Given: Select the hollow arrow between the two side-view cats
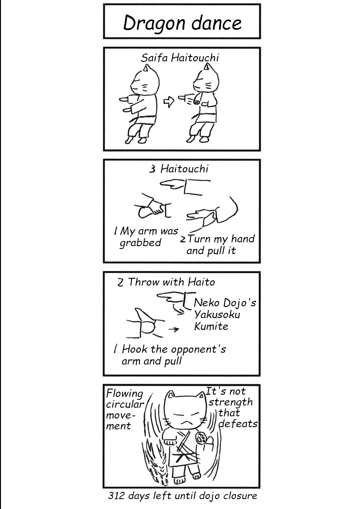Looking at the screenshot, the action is click(x=169, y=102).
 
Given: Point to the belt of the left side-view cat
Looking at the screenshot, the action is click(x=143, y=119).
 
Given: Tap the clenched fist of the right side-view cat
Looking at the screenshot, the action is click(x=196, y=102).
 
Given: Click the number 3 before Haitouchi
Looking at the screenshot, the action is click(x=152, y=169).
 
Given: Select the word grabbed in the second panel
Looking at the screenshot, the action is click(x=140, y=243).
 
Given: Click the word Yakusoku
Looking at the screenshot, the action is click(x=217, y=315).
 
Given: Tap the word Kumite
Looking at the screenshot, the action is click(x=211, y=326).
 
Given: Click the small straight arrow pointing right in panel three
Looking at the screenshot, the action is click(x=174, y=329).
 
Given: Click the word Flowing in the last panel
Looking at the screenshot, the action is click(x=125, y=394).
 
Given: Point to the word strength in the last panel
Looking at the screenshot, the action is click(x=231, y=402).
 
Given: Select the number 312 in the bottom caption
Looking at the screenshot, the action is click(x=117, y=496).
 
